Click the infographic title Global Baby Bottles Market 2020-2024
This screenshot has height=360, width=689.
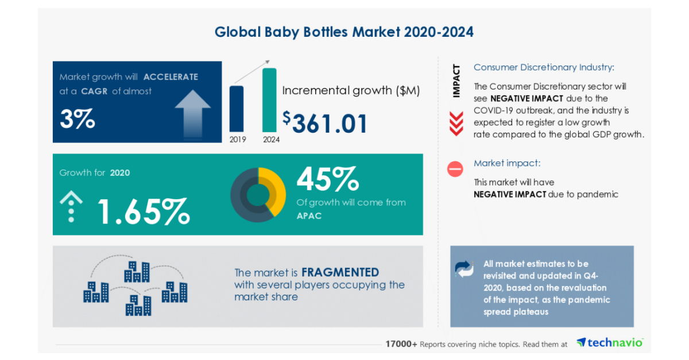pyautogui.click(x=344, y=32)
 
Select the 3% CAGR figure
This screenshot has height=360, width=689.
pyautogui.click(x=77, y=119)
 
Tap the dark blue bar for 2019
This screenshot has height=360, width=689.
pyautogui.click(x=237, y=109)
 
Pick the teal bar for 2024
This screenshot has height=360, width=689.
pyautogui.click(x=269, y=100)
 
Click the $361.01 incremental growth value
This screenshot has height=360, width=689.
pyautogui.click(x=325, y=122)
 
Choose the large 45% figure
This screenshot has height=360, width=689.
pyautogui.click(x=327, y=179)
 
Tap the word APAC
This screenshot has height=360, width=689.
pyautogui.click(x=308, y=216)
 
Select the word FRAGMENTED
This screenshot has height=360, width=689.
pyautogui.click(x=340, y=272)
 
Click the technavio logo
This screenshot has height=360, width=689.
pyautogui.click(x=609, y=343)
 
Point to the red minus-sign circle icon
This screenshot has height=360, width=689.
pyautogui.click(x=455, y=169)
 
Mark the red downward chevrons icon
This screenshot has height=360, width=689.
pyautogui.click(x=456, y=123)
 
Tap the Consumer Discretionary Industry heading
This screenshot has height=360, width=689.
pyautogui.click(x=544, y=67)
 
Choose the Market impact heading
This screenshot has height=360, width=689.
pyautogui.click(x=507, y=163)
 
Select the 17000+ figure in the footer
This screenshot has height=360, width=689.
pyautogui.click(x=401, y=344)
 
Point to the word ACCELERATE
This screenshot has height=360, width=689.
pyautogui.click(x=171, y=76)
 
